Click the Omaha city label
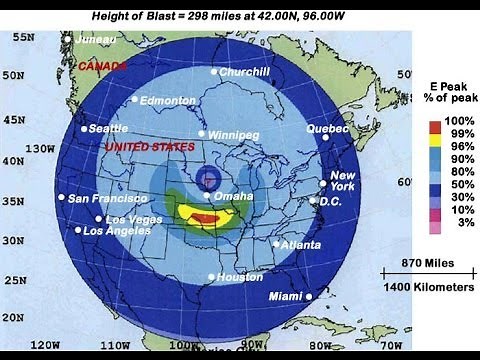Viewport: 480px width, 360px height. tap(233, 196)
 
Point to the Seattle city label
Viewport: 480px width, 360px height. tap(108, 129)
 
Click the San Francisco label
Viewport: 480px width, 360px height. tap(107, 198)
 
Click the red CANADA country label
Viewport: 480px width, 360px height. tap(104, 66)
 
